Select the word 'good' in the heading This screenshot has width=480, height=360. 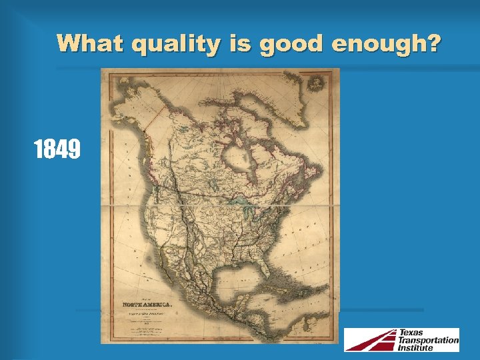point(291,44)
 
